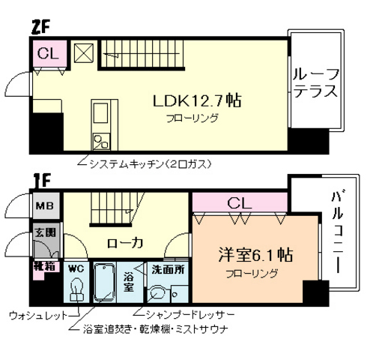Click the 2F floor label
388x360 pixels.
(x=41, y=26)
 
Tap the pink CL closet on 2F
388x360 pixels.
(x=47, y=54)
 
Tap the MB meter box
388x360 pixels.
(x=41, y=205)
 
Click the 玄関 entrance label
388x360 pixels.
(x=42, y=233)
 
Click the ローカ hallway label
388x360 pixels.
(x=122, y=242)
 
